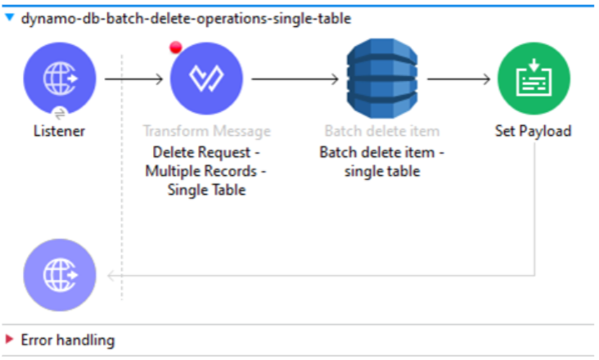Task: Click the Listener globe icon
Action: pos(59,79)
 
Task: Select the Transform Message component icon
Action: pos(206,79)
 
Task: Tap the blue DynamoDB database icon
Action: pos(381,79)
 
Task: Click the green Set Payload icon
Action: pos(534,79)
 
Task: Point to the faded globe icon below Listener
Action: pos(59,275)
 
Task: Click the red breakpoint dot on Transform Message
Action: pos(175,47)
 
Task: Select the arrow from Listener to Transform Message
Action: pos(134,79)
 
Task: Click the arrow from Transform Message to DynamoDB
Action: pos(295,79)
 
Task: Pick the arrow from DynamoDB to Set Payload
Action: pos(457,79)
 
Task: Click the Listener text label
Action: pos(59,131)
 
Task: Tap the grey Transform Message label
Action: pos(206,131)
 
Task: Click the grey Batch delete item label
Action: pos(381,131)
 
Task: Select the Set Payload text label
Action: pos(534,131)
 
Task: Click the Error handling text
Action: pos(67,340)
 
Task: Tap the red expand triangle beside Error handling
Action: pos(10,340)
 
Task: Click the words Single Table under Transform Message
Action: pos(206,191)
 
